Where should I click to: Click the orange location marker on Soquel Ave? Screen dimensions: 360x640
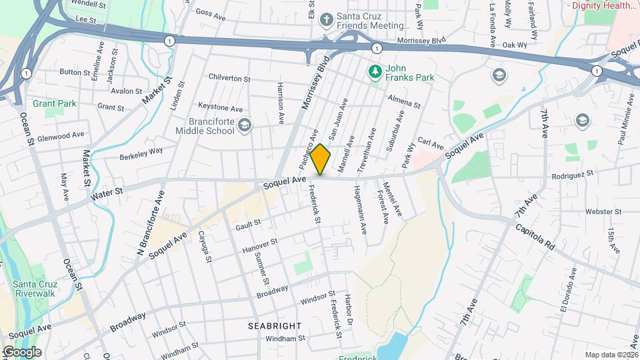tap(321, 159)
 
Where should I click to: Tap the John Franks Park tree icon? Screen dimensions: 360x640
tap(375, 70)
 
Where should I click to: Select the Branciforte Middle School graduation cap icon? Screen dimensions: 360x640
tap(245, 125)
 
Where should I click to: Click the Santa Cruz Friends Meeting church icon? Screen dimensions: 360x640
tap(326, 19)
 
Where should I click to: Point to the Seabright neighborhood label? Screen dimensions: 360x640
tap(275, 326)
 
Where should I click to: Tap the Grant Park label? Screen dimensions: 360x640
tap(55, 103)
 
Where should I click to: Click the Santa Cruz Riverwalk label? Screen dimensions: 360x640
tap(33, 291)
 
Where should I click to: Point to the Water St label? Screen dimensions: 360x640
tap(107, 194)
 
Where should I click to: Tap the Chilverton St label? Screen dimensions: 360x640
tap(229, 79)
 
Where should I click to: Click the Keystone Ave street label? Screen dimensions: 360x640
tap(221, 107)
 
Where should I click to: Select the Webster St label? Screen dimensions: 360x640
tap(603, 211)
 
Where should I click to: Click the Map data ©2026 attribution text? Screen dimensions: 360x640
tap(611, 355)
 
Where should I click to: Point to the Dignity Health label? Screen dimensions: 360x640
tap(603, 5)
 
